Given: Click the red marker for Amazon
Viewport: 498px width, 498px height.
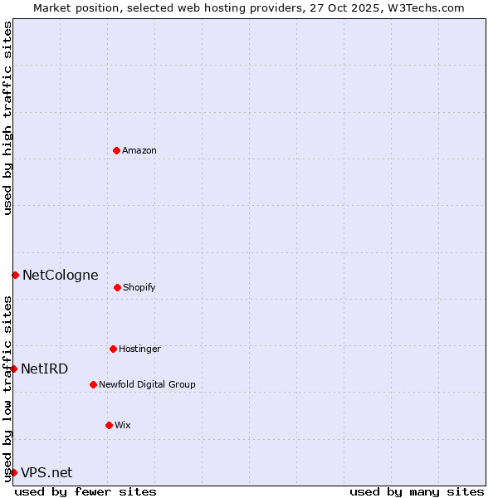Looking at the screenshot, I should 116,150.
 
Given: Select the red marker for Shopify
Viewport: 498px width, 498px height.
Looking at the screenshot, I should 117,287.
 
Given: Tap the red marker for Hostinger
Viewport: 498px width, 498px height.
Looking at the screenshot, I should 113,349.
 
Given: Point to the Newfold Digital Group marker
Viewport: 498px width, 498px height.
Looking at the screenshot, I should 93,384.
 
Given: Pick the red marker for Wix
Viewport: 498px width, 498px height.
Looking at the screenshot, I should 109,425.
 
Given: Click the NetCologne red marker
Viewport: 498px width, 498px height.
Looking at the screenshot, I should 15,275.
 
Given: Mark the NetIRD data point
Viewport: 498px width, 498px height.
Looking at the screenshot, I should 13,369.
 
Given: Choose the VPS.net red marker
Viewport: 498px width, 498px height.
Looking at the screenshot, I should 13,472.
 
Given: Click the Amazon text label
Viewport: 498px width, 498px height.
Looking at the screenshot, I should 139,150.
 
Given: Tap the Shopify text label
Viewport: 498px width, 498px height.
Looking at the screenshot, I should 139,287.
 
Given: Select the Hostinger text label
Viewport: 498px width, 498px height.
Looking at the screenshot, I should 139,349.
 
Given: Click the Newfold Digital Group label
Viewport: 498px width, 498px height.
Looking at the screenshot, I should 147,384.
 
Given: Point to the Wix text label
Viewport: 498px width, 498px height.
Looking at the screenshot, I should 123,425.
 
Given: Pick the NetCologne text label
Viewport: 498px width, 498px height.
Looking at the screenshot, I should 60,275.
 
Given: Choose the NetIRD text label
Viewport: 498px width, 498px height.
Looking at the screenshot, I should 45,369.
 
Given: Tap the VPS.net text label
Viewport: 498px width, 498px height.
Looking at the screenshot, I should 46,472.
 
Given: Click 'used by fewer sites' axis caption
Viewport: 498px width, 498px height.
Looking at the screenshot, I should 85,491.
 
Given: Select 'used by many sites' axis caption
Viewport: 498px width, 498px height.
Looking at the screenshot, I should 417,491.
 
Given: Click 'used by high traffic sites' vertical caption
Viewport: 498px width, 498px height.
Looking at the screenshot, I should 7,118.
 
